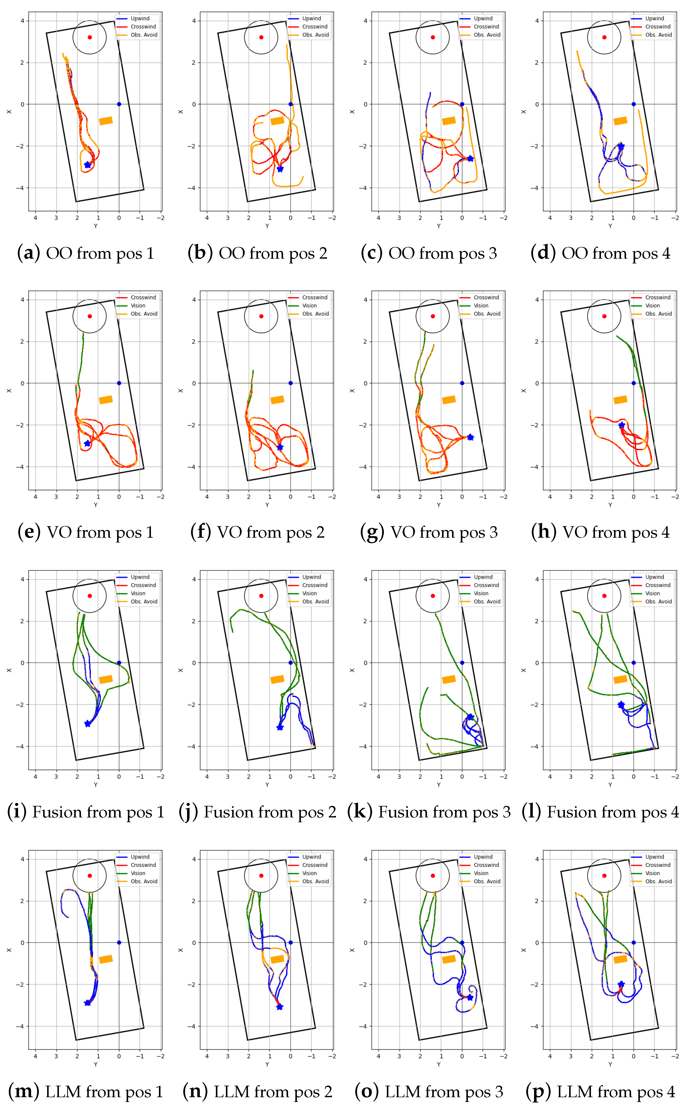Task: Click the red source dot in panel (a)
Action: tap(90, 37)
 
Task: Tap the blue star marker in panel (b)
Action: tap(280, 169)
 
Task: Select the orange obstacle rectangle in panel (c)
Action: tap(449, 121)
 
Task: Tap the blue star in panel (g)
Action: tap(470, 437)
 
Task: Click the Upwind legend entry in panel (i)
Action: tap(140, 577)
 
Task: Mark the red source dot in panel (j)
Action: tap(261, 596)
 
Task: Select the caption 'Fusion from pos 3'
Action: tap(429, 812)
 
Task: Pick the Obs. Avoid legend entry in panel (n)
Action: tap(315, 881)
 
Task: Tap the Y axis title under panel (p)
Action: tap(610, 1064)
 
